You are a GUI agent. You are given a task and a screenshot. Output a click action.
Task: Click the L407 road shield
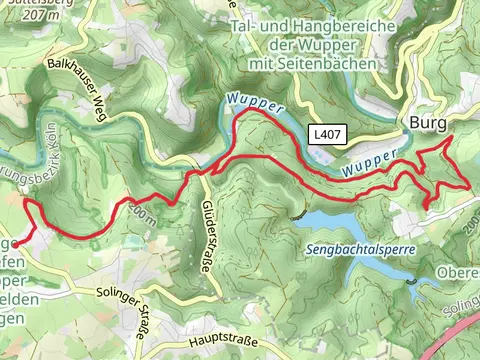pos(326,133)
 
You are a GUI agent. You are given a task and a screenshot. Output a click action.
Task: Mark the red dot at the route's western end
pos(14,242)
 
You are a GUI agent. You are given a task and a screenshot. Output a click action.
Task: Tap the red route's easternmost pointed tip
pos(469,185)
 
